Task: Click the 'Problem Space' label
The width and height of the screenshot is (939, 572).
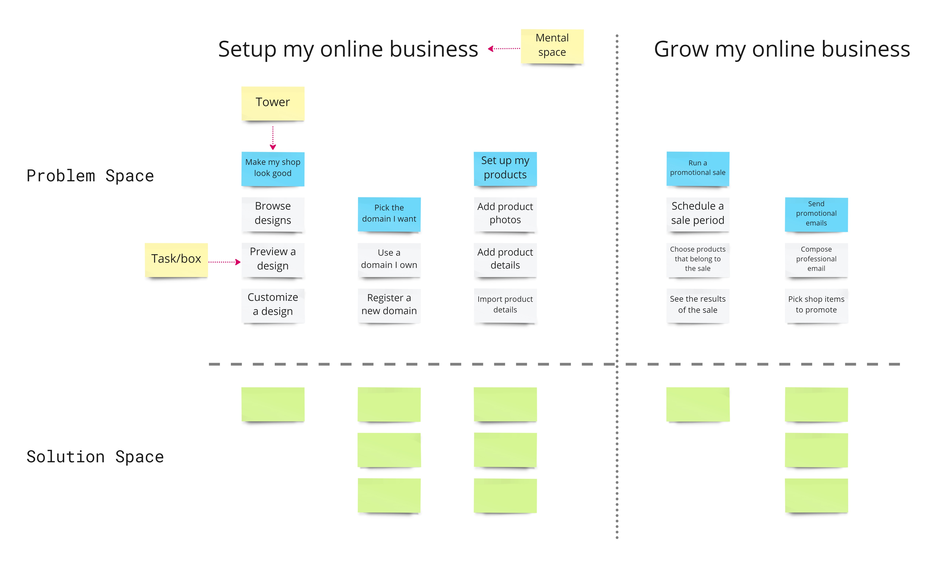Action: coord(90,176)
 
